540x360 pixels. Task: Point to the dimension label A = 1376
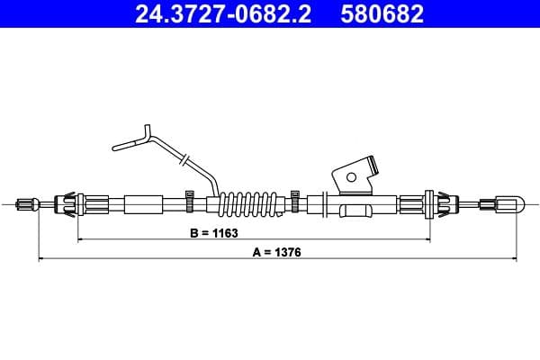click(x=275, y=253)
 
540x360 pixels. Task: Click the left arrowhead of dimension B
click(x=81, y=240)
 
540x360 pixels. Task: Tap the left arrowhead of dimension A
click(x=40, y=261)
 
